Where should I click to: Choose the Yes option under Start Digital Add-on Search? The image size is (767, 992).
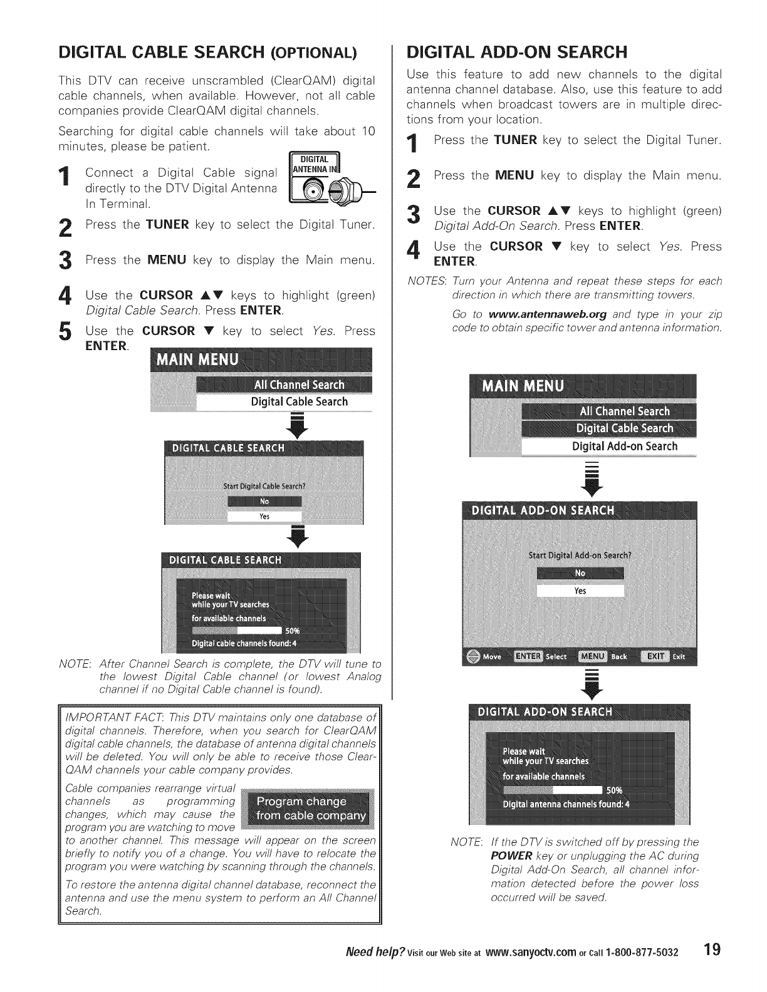click(x=580, y=591)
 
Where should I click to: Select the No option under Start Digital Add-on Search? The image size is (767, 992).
click(x=580, y=573)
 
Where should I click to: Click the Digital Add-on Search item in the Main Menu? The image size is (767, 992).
click(x=625, y=447)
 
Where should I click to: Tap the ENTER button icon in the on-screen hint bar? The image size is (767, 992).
click(x=528, y=656)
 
